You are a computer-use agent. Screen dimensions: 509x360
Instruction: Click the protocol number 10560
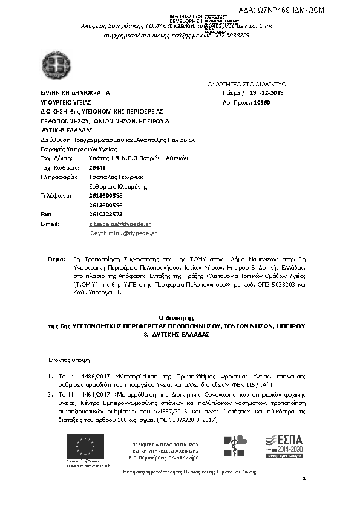261,103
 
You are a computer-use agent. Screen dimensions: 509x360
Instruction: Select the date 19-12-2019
266,93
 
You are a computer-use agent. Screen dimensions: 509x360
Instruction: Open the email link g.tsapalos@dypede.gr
120,224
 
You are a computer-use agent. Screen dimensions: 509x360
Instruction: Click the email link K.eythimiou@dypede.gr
123,233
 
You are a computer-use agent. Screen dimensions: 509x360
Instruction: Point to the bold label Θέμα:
56,258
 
